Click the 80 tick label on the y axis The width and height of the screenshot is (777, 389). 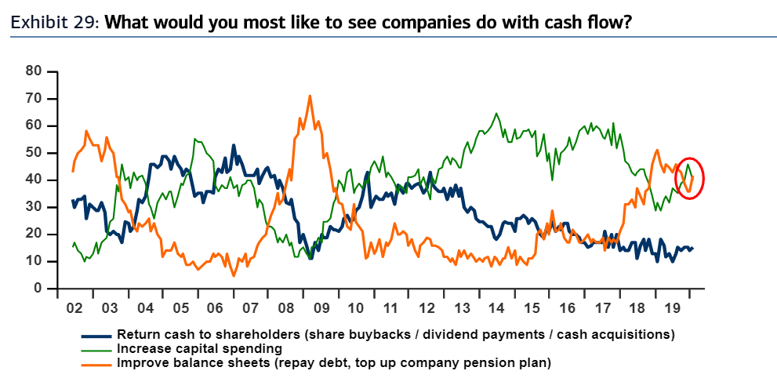[32, 71]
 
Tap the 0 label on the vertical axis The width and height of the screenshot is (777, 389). [36, 289]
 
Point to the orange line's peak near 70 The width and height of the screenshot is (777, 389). [310, 96]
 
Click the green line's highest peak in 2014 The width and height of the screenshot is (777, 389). [496, 114]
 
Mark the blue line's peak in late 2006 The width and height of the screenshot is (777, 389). [233, 145]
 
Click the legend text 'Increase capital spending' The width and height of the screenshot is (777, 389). [200, 347]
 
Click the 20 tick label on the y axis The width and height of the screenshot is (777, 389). [32, 234]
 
